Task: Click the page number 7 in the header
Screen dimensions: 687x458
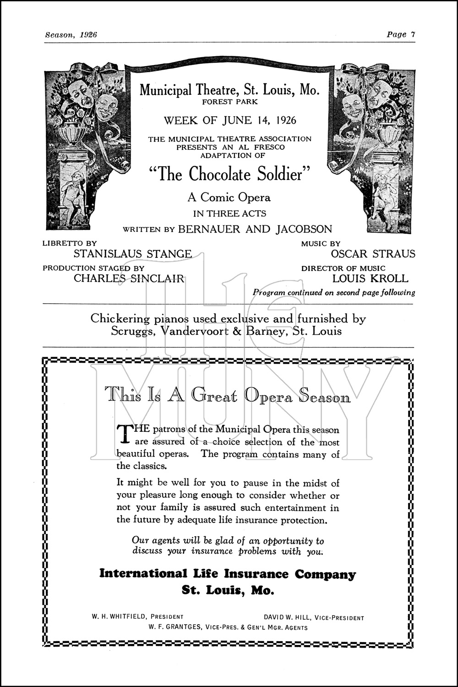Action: pyautogui.click(x=413, y=34)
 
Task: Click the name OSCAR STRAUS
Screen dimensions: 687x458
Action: pyautogui.click(x=373, y=254)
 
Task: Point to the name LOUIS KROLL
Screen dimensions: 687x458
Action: pyautogui.click(x=370, y=278)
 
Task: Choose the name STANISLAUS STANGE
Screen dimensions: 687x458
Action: pyautogui.click(x=133, y=254)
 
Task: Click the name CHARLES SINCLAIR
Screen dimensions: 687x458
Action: pyautogui.click(x=129, y=278)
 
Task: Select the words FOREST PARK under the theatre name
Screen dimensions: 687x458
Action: pyautogui.click(x=230, y=102)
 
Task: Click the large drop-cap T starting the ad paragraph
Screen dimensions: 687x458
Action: pyautogui.click(x=125, y=434)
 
